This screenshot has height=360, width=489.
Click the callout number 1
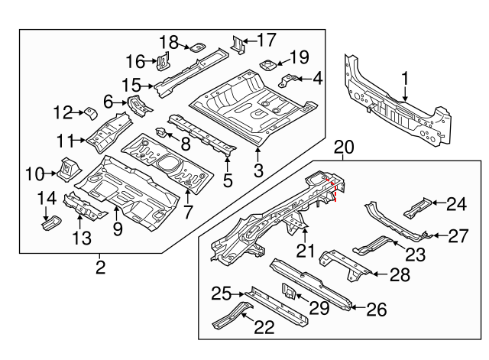(x=405, y=77)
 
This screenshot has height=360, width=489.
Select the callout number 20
(x=344, y=147)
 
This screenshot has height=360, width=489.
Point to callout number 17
(x=266, y=40)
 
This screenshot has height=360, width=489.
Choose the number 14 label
(x=47, y=199)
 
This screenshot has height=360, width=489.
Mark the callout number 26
(x=377, y=310)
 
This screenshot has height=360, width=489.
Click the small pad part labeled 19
(x=269, y=63)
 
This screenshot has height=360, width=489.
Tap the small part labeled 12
(x=89, y=114)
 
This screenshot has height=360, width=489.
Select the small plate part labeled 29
(x=290, y=292)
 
